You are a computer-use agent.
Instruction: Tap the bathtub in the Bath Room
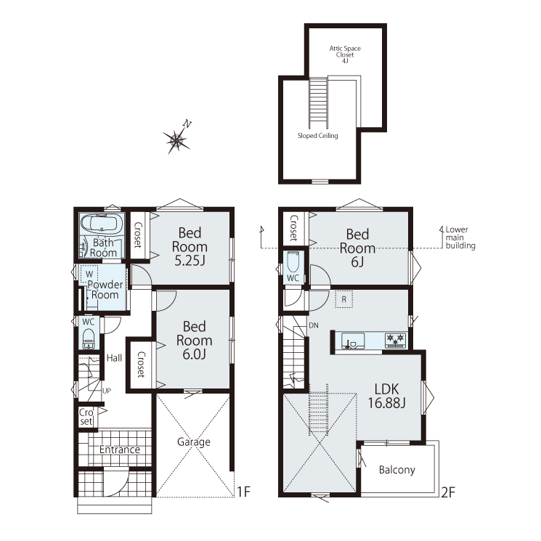click(x=102, y=224)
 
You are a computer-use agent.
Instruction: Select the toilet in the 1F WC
click(x=89, y=338)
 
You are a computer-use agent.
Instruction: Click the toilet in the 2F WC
click(x=293, y=262)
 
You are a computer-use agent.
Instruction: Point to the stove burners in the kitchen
click(x=395, y=340)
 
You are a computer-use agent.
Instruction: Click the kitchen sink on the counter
click(x=353, y=341)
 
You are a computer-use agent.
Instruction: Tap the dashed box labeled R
click(x=344, y=299)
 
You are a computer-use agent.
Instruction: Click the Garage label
click(x=194, y=442)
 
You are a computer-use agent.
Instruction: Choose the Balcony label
click(x=396, y=470)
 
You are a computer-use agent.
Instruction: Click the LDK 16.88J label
click(x=386, y=396)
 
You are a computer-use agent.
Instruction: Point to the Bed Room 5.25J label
click(x=190, y=247)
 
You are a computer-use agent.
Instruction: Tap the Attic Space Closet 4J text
click(x=345, y=54)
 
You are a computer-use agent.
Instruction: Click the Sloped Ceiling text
click(x=318, y=136)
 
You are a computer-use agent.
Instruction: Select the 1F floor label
click(x=243, y=492)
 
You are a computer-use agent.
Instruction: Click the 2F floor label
click(x=448, y=492)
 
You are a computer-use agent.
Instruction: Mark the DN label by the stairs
click(x=314, y=325)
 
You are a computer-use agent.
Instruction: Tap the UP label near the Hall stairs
click(x=107, y=391)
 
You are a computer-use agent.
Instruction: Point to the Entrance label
click(x=120, y=450)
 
